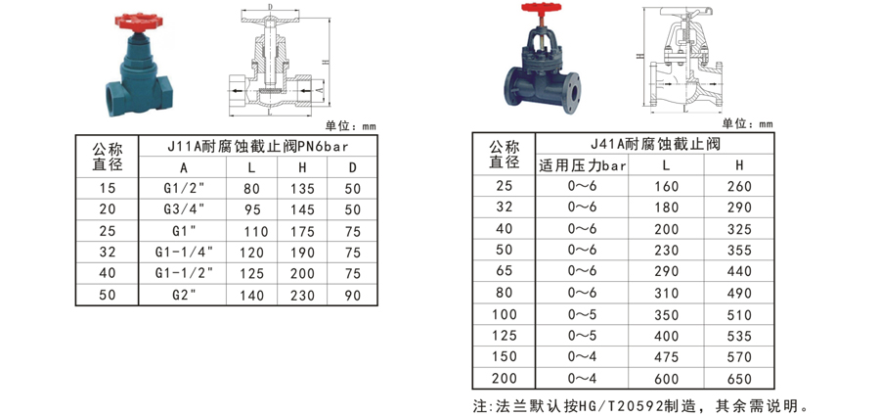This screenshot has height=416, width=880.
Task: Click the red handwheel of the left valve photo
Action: pyautogui.click(x=139, y=22)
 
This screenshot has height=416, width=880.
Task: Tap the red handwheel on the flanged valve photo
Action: pyautogui.click(x=541, y=8)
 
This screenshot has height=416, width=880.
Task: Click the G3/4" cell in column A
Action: pyautogui.click(x=184, y=209)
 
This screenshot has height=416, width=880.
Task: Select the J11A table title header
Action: pyautogui.click(x=258, y=146)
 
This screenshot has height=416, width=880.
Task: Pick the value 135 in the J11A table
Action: pyautogui.click(x=302, y=188)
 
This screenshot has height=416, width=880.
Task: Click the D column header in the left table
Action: pyautogui.click(x=352, y=167)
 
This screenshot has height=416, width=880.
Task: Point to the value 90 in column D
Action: pyautogui.click(x=352, y=296)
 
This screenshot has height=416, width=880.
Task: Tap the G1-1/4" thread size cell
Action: pyautogui.click(x=184, y=252)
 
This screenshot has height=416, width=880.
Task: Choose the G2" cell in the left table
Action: pyautogui.click(x=184, y=295)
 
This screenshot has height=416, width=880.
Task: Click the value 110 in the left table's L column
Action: pyautogui.click(x=255, y=231)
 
